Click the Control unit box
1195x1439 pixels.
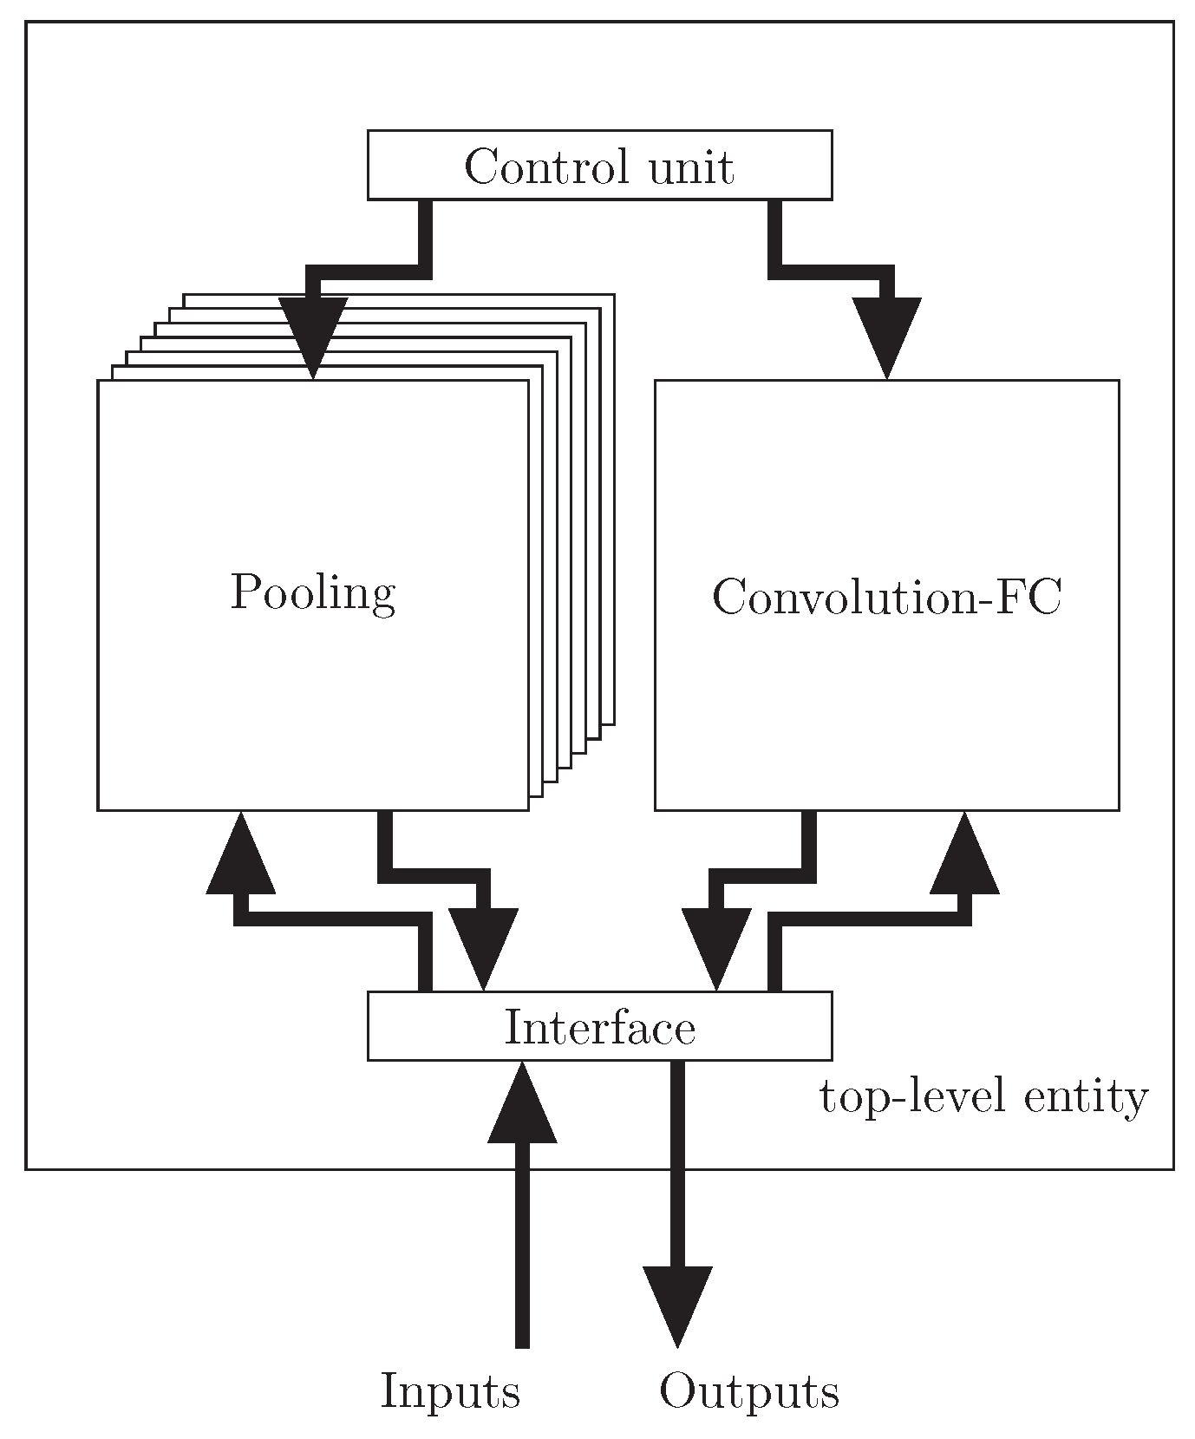tap(599, 165)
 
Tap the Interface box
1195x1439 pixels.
tap(599, 1025)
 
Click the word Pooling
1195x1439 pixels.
tap(312, 594)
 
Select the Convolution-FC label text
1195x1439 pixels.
tap(886, 597)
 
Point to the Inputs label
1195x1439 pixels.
tap(450, 1391)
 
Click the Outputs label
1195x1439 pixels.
tap(748, 1391)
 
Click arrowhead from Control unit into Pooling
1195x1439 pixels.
tap(312, 343)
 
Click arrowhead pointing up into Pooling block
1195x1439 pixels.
tap(240, 854)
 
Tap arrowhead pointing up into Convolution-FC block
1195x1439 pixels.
tap(964, 854)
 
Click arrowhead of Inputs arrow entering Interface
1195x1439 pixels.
tap(522, 1103)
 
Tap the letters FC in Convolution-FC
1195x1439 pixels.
tap(1035, 597)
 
